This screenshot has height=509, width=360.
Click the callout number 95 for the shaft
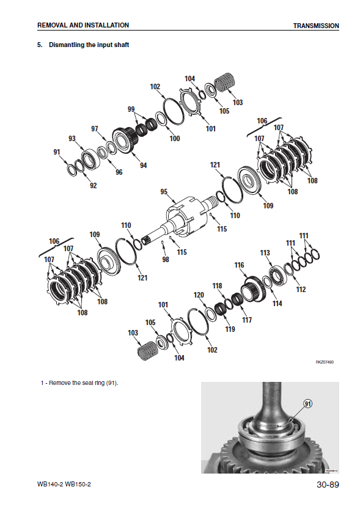(x=164, y=192)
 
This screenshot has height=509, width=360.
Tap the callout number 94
(x=144, y=165)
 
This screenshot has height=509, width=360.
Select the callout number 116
(x=239, y=265)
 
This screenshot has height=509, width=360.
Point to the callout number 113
(x=265, y=252)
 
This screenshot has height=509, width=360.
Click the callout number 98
(x=166, y=259)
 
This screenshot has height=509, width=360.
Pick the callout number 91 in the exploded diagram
(x=57, y=152)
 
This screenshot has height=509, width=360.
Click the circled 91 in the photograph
(x=307, y=403)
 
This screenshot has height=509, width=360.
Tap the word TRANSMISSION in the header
(x=316, y=26)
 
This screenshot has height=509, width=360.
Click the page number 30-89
(x=328, y=485)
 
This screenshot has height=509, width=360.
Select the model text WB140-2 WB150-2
(x=64, y=485)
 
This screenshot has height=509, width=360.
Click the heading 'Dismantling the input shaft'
(x=89, y=45)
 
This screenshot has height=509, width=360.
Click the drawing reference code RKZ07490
(x=325, y=362)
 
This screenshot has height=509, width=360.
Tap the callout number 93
(x=72, y=139)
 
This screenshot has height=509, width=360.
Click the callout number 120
(x=199, y=295)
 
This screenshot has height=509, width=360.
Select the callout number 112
(x=301, y=289)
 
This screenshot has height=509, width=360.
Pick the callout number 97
(x=95, y=129)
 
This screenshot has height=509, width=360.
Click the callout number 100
(x=175, y=139)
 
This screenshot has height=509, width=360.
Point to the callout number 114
(x=277, y=304)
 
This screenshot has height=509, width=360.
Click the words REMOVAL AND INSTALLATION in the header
(x=83, y=25)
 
